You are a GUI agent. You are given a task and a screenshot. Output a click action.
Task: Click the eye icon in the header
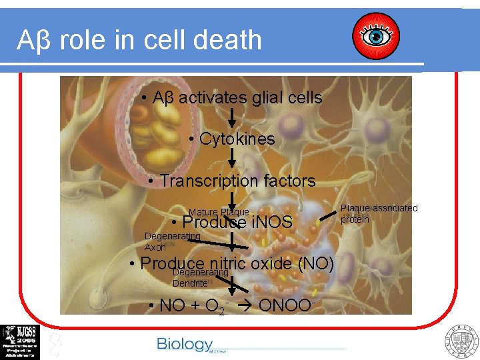click(x=375, y=36)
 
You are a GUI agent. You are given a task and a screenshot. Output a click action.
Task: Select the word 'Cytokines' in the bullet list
click(x=237, y=139)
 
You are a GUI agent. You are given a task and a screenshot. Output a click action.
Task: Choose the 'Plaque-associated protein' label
click(x=379, y=213)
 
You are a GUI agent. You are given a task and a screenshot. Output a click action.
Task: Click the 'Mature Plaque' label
click(x=219, y=212)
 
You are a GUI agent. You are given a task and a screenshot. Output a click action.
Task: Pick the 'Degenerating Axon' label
click(x=171, y=241)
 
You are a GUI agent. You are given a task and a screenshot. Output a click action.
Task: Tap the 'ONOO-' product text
click(x=283, y=305)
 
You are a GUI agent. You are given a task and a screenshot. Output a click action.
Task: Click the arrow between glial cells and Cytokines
click(x=233, y=117)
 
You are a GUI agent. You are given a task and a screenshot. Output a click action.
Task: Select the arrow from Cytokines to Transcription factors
click(x=233, y=158)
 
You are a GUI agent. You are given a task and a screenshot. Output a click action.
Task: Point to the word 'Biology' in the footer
click(x=184, y=344)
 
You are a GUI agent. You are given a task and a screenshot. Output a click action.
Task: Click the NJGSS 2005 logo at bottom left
click(x=20, y=342)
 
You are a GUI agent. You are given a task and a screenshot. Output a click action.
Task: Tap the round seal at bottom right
click(x=461, y=341)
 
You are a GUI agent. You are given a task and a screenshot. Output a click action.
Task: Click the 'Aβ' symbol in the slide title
click(x=33, y=41)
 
